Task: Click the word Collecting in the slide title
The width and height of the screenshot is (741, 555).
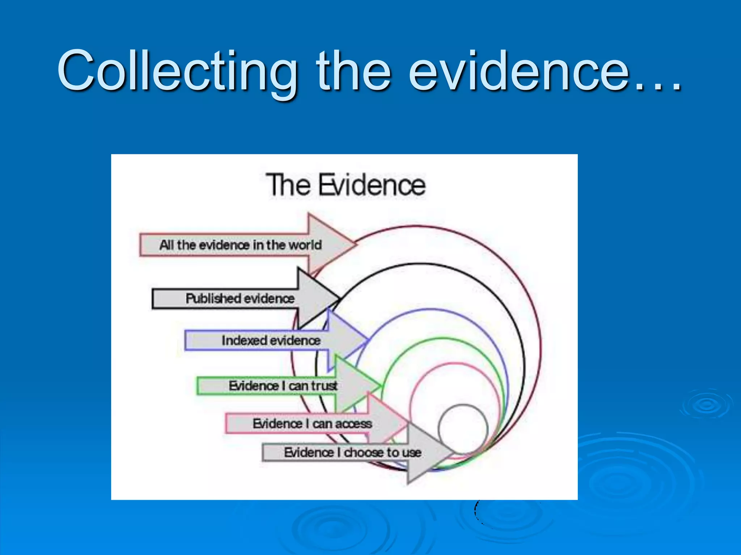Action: [x=177, y=70]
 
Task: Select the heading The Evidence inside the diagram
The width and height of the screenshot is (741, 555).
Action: [x=346, y=185]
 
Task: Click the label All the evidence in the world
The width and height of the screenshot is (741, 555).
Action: [x=240, y=245]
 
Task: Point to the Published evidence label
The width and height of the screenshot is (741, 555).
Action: [x=240, y=298]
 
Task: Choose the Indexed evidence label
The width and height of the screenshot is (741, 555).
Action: [x=271, y=340]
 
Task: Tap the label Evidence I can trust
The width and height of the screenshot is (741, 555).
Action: [x=283, y=386]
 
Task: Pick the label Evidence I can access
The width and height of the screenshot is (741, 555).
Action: [x=312, y=423]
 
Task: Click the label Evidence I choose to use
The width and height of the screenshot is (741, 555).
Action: [x=352, y=452]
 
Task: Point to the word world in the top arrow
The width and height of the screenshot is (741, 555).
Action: [x=305, y=245]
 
